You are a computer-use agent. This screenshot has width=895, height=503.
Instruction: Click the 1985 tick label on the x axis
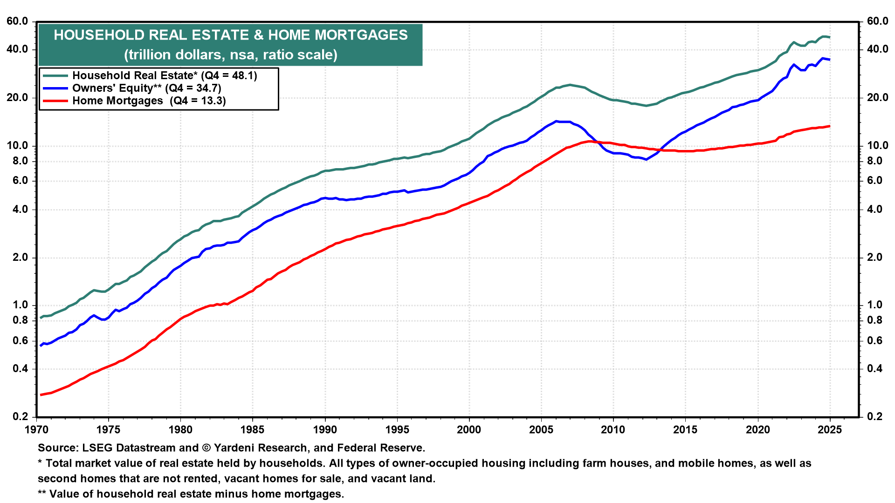(252, 430)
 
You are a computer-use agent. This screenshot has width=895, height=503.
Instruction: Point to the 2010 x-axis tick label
(613, 430)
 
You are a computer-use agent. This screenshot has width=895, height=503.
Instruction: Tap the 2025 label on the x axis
(830, 430)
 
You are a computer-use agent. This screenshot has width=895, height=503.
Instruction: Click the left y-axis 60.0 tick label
(17, 21)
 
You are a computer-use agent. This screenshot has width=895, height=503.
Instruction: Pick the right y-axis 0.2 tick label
(874, 416)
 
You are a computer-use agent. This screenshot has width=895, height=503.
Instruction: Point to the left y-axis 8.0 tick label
(17, 161)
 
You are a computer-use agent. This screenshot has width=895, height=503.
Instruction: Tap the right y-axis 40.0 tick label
(878, 49)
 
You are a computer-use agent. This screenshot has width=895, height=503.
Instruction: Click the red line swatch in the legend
(55, 101)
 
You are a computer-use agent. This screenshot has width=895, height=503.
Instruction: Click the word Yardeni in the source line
(234, 448)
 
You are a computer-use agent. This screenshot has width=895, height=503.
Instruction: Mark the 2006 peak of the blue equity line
(556, 121)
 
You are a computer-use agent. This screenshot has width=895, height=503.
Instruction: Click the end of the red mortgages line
(830, 126)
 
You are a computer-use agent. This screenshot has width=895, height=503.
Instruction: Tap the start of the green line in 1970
(41, 318)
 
